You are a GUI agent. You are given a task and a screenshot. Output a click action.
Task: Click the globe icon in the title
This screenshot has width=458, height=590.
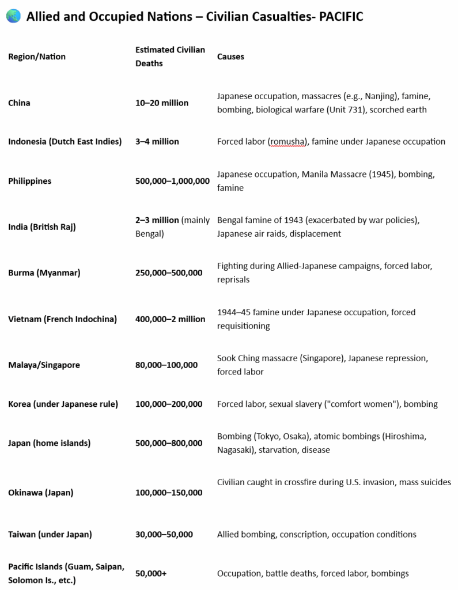point(13,17)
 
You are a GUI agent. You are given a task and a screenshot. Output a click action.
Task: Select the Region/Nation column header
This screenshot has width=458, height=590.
point(37,56)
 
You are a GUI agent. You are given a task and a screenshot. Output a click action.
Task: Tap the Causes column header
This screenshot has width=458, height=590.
point(230,56)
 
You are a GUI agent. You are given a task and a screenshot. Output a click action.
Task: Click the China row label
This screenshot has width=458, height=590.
point(19,103)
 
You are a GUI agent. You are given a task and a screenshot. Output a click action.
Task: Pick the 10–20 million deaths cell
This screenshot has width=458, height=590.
point(162,103)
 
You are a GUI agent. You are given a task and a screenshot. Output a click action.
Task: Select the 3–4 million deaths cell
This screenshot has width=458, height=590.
point(157,141)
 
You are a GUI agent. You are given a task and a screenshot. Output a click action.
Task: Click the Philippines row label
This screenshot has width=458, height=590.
point(29,181)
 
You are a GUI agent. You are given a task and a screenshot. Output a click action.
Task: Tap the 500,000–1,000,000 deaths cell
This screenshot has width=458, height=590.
point(172,181)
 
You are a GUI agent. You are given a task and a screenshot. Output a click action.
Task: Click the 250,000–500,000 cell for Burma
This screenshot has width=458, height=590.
point(169,273)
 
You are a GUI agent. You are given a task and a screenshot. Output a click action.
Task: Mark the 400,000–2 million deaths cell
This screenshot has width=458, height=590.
point(170,319)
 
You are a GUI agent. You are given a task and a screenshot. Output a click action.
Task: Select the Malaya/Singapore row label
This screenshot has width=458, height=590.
point(44,365)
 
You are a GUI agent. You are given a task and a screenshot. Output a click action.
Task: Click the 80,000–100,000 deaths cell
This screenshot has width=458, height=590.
point(166,365)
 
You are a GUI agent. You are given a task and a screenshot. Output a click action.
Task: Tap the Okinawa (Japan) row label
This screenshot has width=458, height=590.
point(40,493)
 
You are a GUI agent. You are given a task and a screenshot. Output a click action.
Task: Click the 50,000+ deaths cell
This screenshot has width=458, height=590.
point(152,573)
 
